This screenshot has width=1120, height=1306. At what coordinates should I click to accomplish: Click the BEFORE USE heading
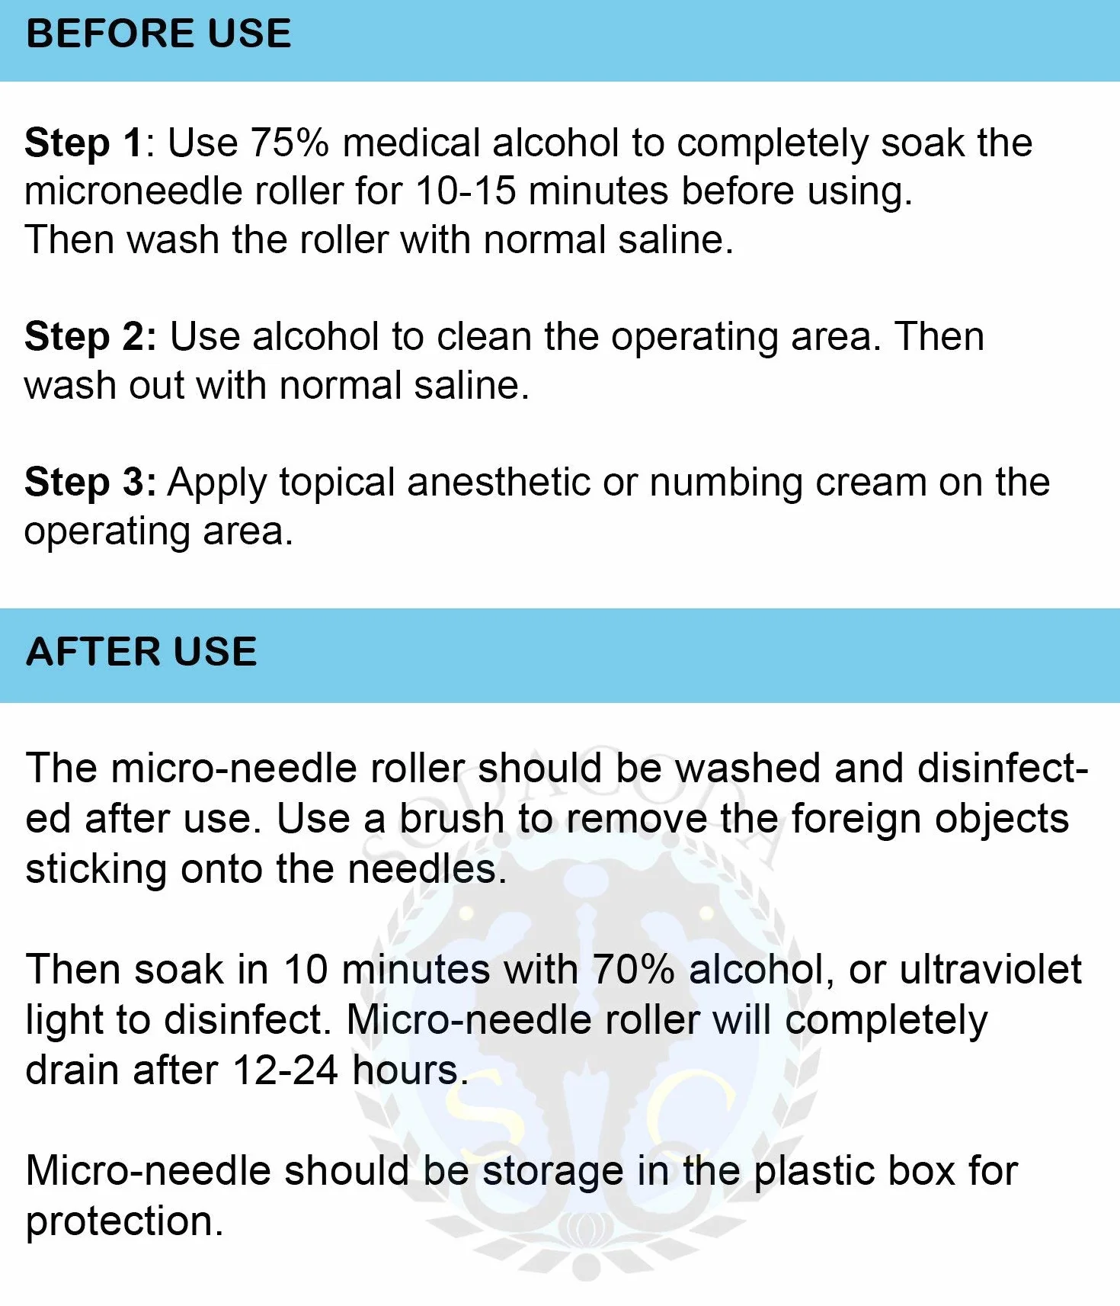158,34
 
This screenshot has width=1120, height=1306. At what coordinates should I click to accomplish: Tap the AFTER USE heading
142,652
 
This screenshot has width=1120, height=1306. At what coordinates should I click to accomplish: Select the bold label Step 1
84,143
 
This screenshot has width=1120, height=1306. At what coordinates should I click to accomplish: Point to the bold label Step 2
91,337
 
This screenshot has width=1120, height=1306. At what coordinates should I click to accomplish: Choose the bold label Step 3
91,483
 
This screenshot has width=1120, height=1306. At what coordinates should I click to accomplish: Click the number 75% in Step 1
290,143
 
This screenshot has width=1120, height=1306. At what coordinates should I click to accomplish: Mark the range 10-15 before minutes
466,191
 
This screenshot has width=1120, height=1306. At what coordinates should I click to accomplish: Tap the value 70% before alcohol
633,970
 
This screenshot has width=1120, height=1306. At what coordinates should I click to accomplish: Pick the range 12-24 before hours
285,1070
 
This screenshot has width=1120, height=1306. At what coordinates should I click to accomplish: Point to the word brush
452,819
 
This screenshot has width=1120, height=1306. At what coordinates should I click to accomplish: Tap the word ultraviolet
990,970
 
